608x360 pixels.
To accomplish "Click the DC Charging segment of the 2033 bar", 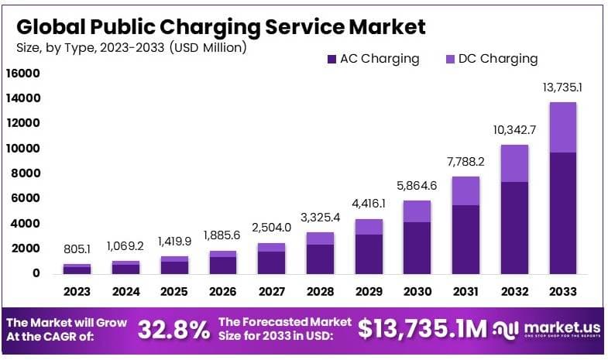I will [x=563, y=127].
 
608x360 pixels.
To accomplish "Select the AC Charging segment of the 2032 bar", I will [x=514, y=227].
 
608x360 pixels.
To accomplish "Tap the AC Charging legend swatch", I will [x=331, y=59].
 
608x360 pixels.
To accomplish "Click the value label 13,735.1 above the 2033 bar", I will [x=563, y=87].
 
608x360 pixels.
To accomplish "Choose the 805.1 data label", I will [x=77, y=250].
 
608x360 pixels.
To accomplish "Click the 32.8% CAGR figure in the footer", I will [x=174, y=330].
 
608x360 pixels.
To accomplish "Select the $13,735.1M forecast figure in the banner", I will [x=423, y=330].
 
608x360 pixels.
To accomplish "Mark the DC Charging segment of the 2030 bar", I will [x=417, y=211].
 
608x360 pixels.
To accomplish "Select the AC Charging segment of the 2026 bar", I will [x=223, y=265].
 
